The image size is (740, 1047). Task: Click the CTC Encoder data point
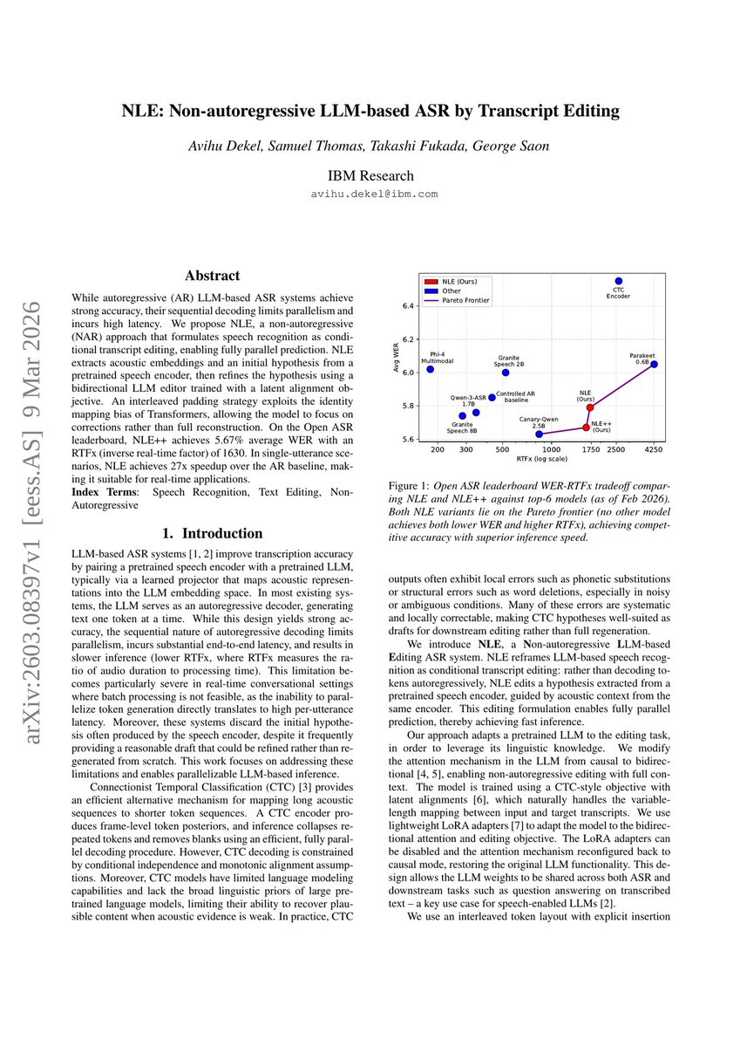(618, 281)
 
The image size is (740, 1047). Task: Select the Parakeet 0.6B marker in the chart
(654, 364)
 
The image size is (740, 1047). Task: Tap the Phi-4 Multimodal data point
(430, 369)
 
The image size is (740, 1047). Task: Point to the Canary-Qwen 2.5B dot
(539, 434)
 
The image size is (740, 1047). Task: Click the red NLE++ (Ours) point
(586, 428)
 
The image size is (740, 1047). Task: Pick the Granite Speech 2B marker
(506, 373)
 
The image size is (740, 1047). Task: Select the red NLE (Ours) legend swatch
(431, 282)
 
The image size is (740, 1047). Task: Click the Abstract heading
(212, 276)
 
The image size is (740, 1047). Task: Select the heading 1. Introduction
(212, 533)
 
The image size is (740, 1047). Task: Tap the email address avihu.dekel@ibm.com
(375, 194)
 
